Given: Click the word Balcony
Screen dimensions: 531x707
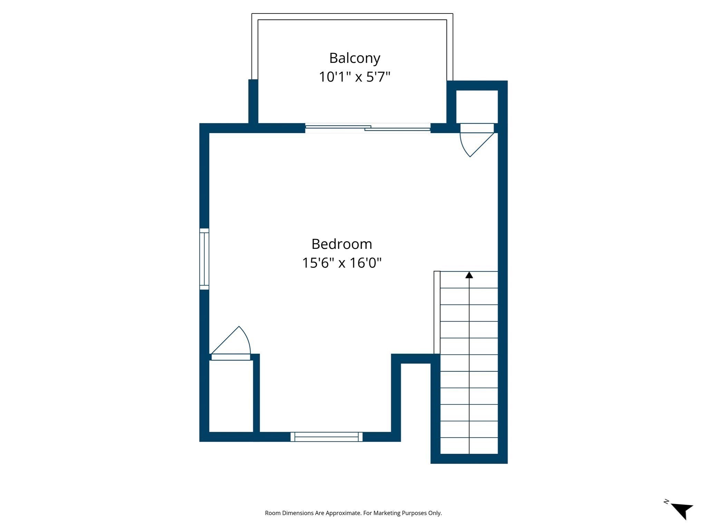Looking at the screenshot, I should tap(355, 58).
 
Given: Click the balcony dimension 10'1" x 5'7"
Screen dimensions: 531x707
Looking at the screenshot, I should tap(355, 77).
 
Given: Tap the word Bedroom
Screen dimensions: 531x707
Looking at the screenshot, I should tap(342, 244).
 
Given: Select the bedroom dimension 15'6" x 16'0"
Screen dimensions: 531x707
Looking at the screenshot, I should tap(342, 263).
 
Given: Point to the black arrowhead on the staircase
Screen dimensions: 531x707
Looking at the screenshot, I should tap(469, 275).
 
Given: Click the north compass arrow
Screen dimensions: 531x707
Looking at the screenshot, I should tap(682, 510).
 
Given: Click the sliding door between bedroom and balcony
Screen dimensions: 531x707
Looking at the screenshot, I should tap(368, 128).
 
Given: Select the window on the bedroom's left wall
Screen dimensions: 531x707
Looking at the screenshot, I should tap(204, 259).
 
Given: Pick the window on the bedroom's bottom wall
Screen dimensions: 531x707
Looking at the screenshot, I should tap(326, 437).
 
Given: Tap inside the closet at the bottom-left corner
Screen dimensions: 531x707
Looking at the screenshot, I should tap(231, 396).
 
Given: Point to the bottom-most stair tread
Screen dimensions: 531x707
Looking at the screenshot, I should tap(469, 446).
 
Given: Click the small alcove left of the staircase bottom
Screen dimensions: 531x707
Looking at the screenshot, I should tap(416, 401).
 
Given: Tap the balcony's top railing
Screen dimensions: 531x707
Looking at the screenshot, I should tap(352, 17).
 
